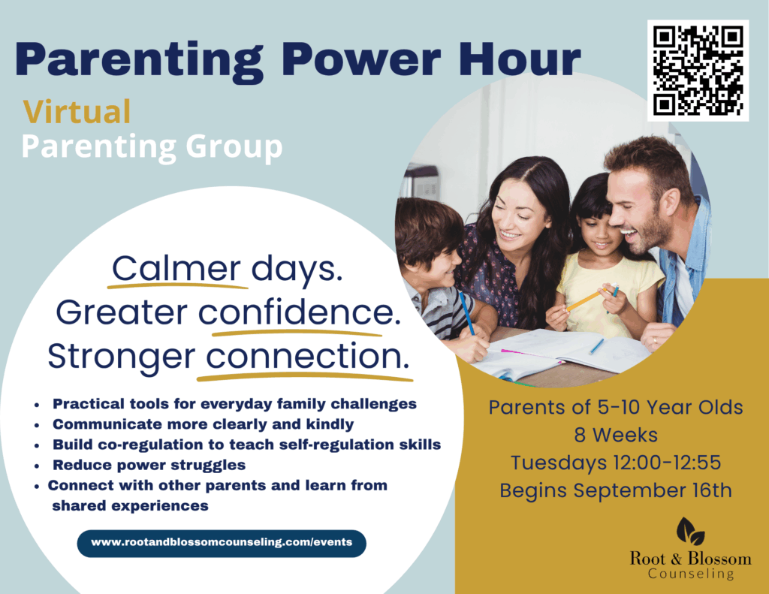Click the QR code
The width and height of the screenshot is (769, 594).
tap(698, 71)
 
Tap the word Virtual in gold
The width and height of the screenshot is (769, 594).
tap(77, 112)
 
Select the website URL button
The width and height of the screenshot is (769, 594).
tap(222, 543)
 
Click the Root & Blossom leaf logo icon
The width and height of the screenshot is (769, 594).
tap(691, 532)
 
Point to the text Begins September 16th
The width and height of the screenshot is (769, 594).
tap(616, 490)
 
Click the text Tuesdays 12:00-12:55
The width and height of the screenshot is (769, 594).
tap(616, 463)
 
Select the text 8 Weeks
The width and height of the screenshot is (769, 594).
tap(616, 435)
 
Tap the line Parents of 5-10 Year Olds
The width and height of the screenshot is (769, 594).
tap(616, 407)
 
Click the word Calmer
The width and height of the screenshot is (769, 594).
tap(176, 269)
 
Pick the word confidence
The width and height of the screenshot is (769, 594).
tap(300, 312)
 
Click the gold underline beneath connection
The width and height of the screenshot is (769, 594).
tap(305, 377)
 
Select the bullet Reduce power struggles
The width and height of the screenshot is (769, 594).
tap(149, 465)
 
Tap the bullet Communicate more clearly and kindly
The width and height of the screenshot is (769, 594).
tap(203, 424)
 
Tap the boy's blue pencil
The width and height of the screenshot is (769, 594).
tap(467, 314)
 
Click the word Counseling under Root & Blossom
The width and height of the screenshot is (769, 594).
tap(691, 574)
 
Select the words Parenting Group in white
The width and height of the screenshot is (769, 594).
tap(152, 147)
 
